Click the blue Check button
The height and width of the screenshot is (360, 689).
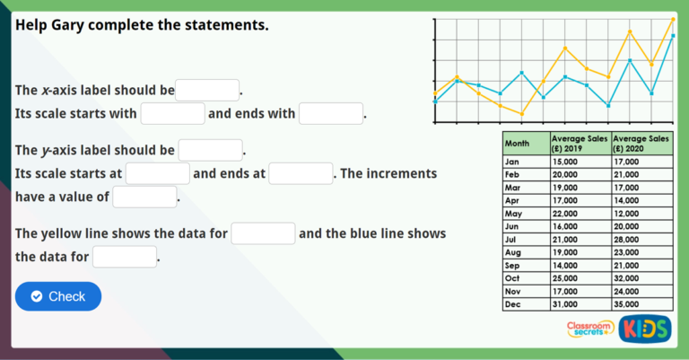(x=58, y=296)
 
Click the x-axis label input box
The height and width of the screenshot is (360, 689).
(x=207, y=91)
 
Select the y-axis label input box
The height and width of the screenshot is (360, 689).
(x=211, y=150)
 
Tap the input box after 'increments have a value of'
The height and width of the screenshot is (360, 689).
(x=144, y=197)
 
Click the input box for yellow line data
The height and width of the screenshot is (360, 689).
(x=264, y=233)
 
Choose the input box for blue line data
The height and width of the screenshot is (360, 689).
(x=125, y=258)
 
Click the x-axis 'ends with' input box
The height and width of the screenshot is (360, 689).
(x=331, y=114)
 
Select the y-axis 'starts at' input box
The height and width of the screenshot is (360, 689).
(x=158, y=173)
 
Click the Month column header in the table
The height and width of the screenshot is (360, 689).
(x=518, y=143)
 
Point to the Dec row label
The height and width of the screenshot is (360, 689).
(x=513, y=304)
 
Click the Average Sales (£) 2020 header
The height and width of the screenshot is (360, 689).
(x=641, y=143)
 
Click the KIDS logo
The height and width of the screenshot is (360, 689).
(x=644, y=329)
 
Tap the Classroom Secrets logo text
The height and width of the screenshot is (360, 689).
(x=589, y=329)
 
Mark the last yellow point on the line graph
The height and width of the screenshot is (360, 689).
(x=673, y=19)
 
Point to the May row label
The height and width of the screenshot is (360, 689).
(x=514, y=214)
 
